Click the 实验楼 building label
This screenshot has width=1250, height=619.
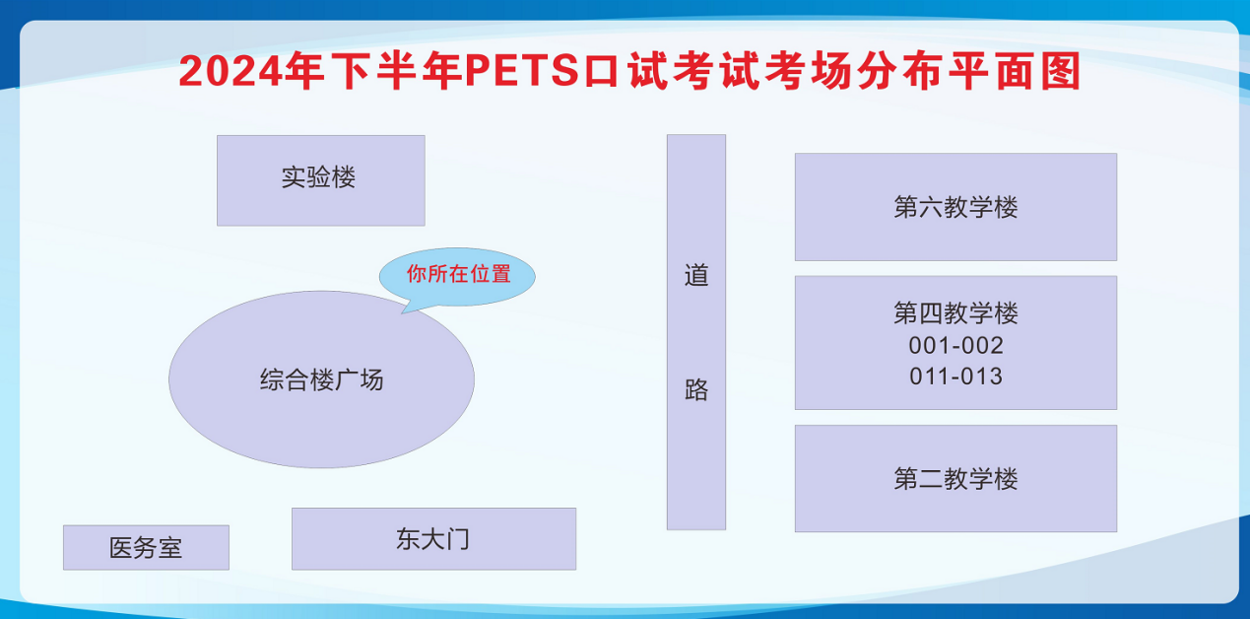pyautogui.click(x=318, y=177)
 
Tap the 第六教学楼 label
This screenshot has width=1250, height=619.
pyautogui.click(x=955, y=207)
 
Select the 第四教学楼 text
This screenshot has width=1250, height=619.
pyautogui.click(x=955, y=312)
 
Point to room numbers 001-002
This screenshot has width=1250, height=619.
pyautogui.click(x=955, y=346)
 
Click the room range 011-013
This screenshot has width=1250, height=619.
pyautogui.click(x=955, y=377)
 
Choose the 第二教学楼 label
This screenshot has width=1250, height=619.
pyautogui.click(x=955, y=479)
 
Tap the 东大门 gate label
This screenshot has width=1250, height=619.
pyautogui.click(x=432, y=539)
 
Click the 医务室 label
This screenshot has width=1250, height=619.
pyautogui.click(x=146, y=548)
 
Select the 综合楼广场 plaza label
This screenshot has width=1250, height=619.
pyautogui.click(x=321, y=380)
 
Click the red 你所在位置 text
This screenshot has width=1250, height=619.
pyautogui.click(x=458, y=274)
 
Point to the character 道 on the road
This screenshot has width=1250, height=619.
pyautogui.click(x=696, y=275)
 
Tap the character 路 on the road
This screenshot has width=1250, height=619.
pyautogui.click(x=696, y=389)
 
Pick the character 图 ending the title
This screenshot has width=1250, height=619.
pyautogui.click(x=1060, y=71)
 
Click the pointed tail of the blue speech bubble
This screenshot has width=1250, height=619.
pyautogui.click(x=403, y=313)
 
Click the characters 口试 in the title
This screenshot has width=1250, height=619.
pyautogui.click(x=625, y=71)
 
